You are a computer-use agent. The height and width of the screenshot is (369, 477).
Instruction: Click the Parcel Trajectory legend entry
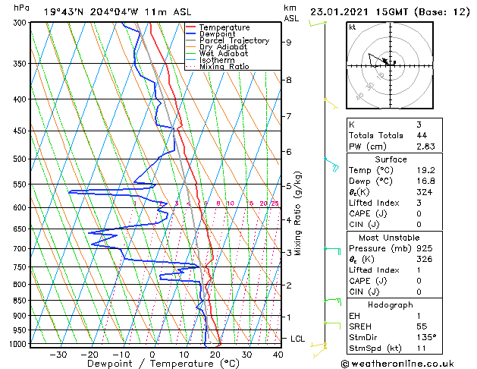coord(234,40)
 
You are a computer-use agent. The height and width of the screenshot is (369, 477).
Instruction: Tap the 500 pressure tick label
coord(20,159)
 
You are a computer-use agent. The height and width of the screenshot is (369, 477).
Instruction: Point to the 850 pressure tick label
coord(20,301)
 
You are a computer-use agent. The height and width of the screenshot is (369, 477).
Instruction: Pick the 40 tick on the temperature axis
coord(278,355)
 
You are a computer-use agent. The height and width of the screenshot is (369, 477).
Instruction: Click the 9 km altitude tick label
coord(288,43)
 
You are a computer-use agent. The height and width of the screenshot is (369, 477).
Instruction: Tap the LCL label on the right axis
coord(297,338)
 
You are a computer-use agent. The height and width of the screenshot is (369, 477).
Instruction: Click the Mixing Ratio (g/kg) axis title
coord(299,213)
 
